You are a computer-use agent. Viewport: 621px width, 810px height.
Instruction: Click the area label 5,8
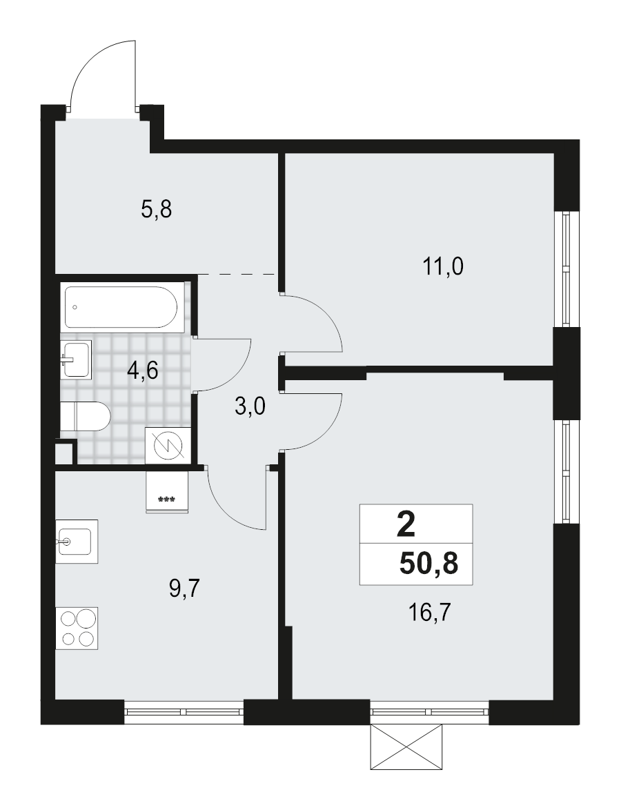pyautogui.click(x=156, y=208)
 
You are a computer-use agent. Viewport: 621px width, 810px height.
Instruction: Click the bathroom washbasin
pyautogui.click(x=75, y=359)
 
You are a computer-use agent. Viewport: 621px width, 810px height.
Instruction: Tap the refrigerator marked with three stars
pyautogui.click(x=166, y=493)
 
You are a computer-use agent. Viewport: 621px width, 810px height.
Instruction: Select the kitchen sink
pyautogui.click(x=76, y=542)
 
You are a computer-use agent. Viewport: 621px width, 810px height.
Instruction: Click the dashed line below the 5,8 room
pyautogui.click(x=238, y=274)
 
